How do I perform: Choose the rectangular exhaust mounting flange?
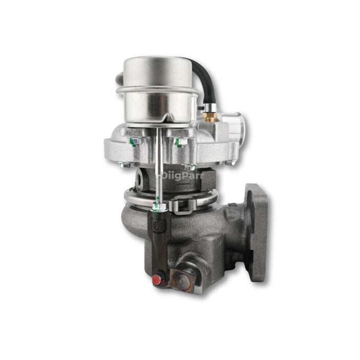pyautogui.click(x=257, y=231)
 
